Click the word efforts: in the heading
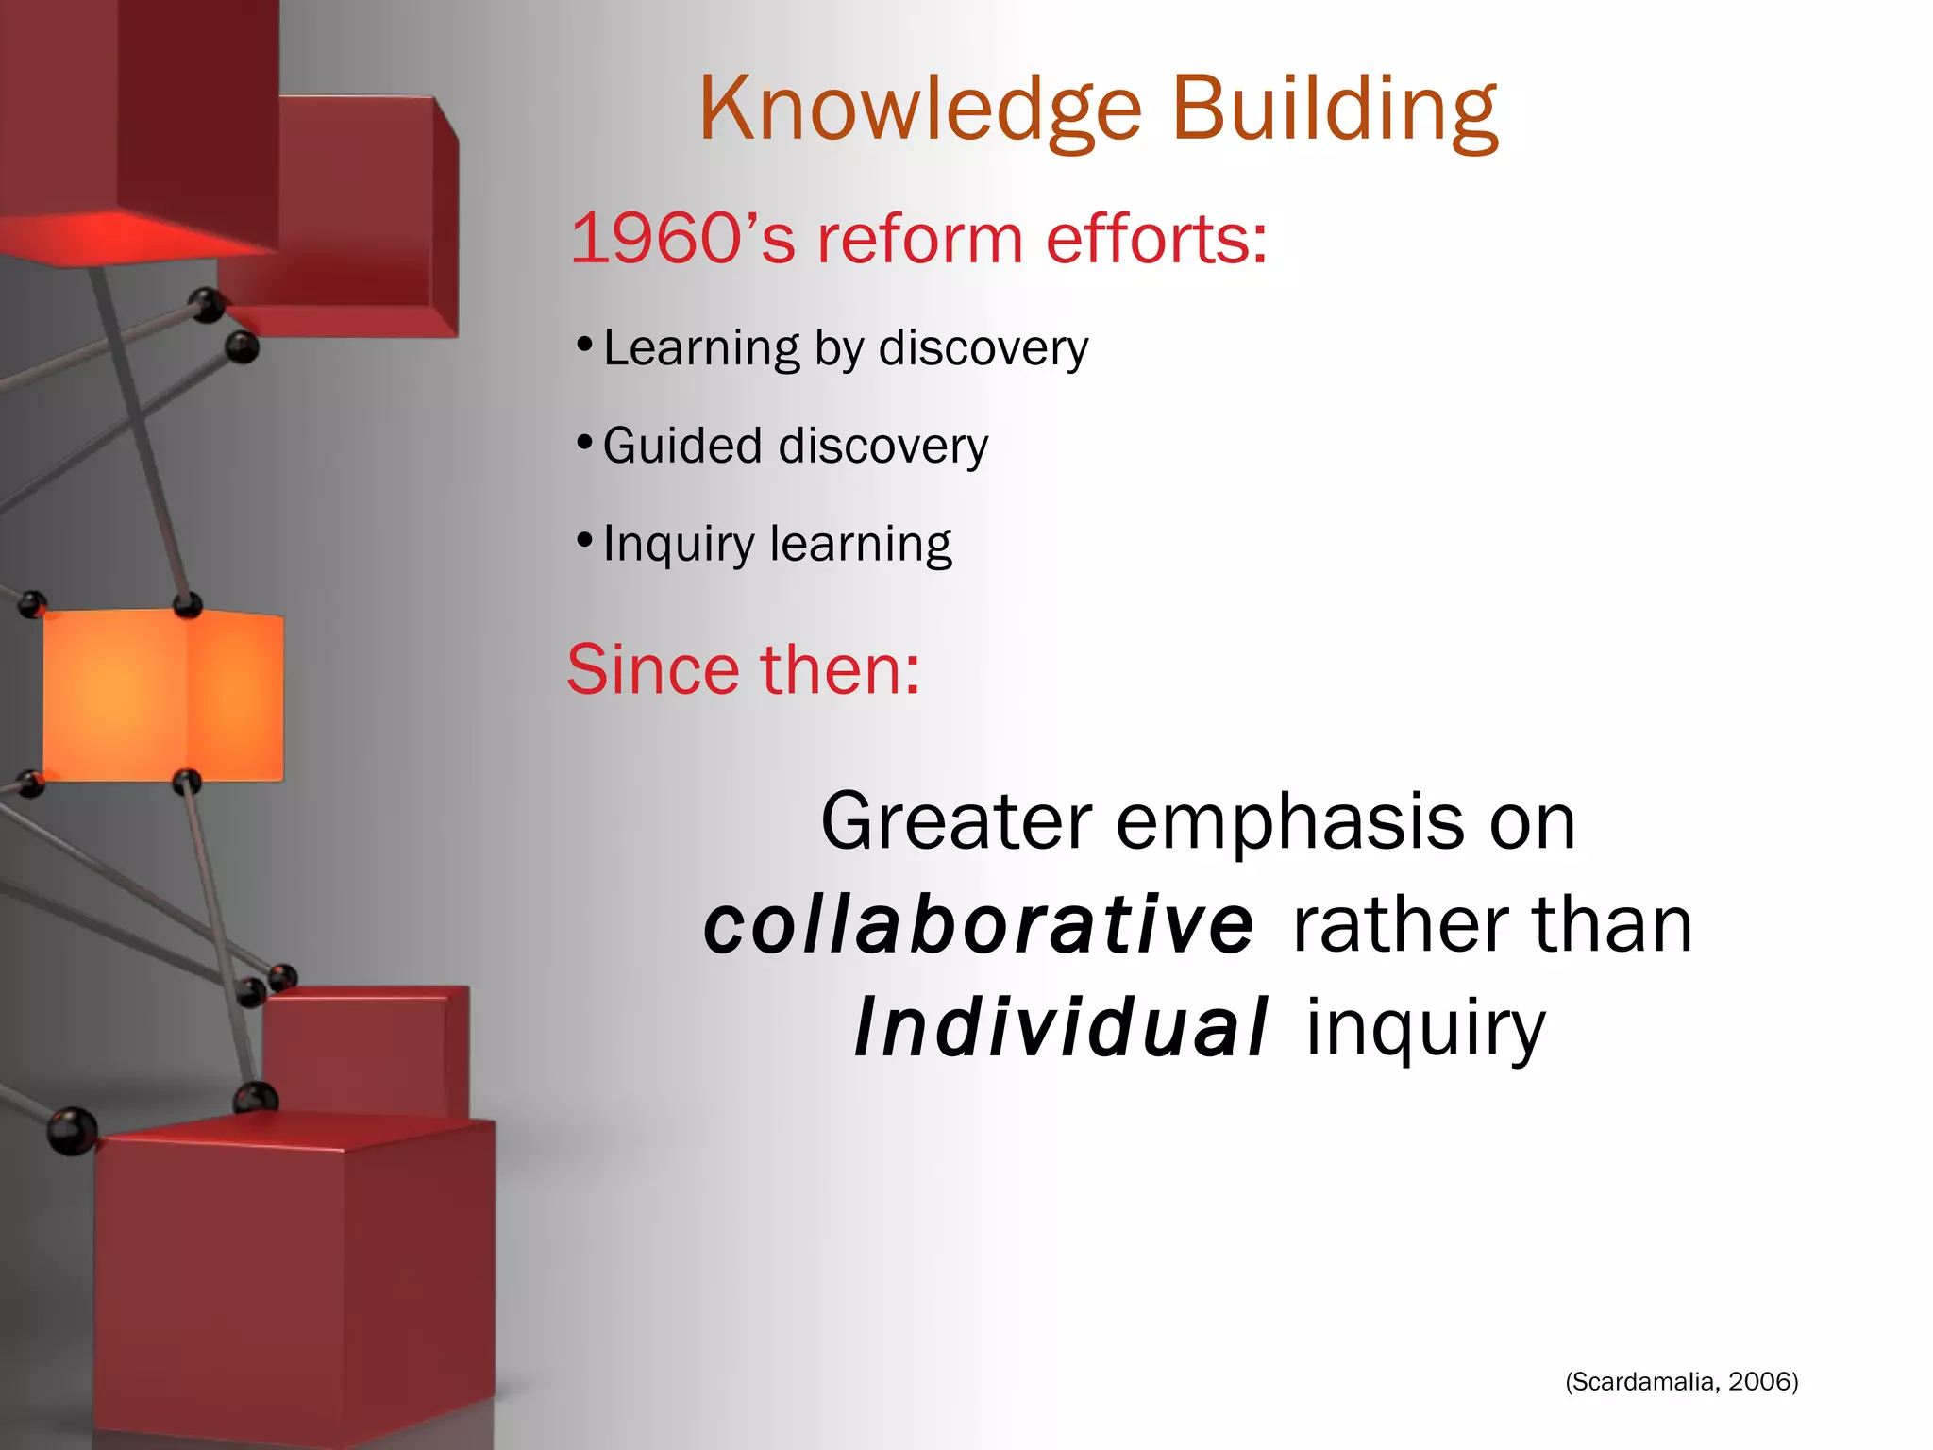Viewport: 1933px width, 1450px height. click(x=1156, y=238)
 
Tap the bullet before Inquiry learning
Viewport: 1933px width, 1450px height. click(x=584, y=540)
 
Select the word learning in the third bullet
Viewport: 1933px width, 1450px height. click(x=861, y=545)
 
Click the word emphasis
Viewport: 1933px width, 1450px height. click(x=1290, y=821)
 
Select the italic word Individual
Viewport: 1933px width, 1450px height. click(x=1060, y=1027)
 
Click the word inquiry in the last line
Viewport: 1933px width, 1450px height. click(x=1425, y=1029)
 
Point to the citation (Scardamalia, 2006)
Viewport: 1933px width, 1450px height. click(x=1681, y=1382)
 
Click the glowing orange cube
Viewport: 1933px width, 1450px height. click(x=162, y=695)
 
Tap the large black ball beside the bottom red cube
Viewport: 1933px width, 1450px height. click(x=72, y=1130)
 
